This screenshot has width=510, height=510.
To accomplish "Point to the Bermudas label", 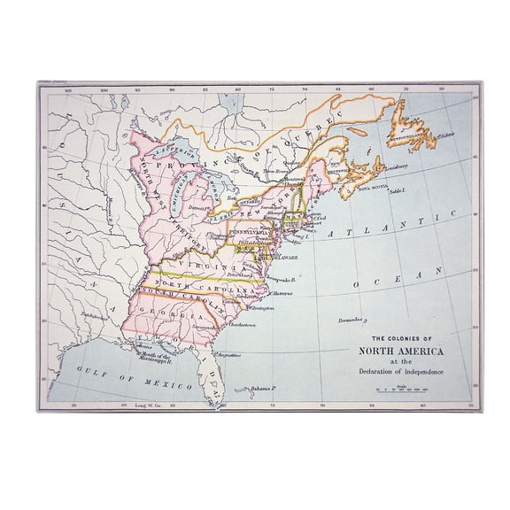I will coord(352,320).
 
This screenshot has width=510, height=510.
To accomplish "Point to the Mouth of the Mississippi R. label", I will coord(152,357).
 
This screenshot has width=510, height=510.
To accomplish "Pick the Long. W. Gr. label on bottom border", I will coord(146,405).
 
